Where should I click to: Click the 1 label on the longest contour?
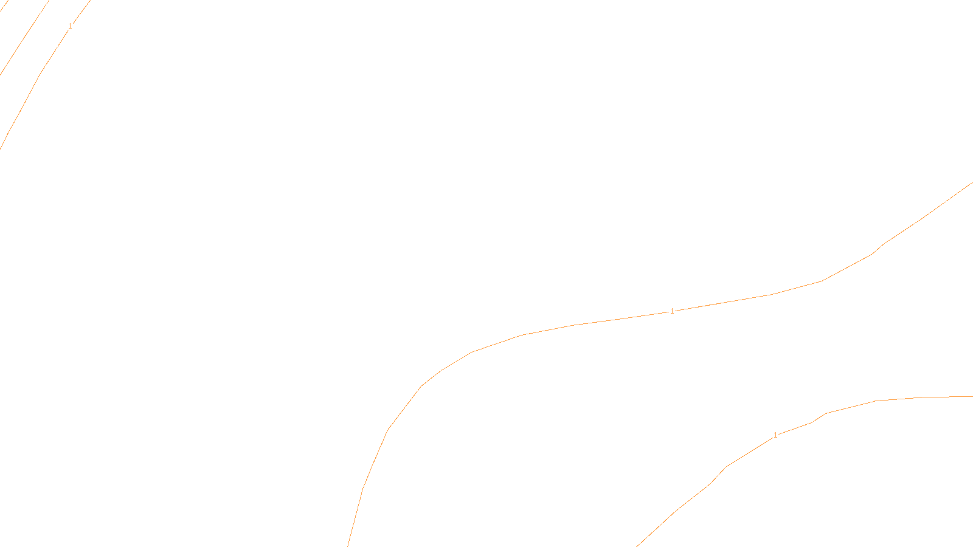click(672, 311)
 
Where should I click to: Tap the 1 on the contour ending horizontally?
click(775, 435)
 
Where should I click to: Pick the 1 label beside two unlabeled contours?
click(70, 26)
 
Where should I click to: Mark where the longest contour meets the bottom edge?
click(348, 546)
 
